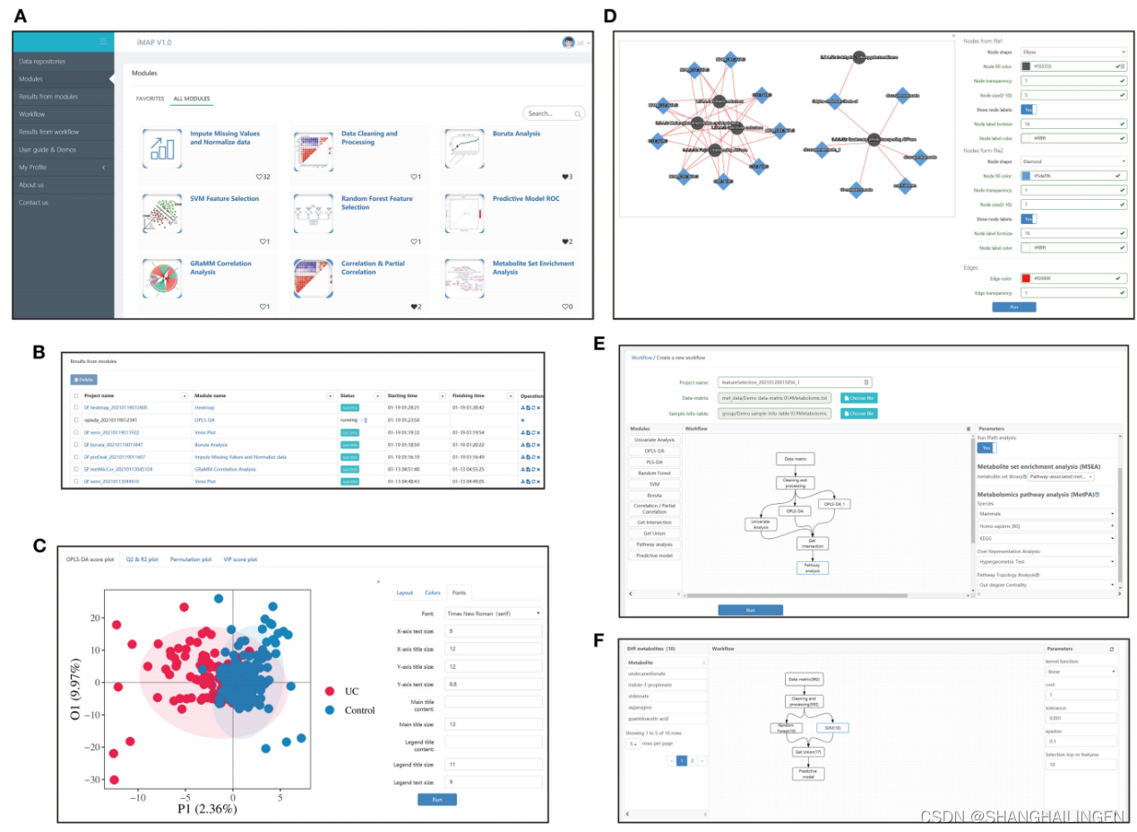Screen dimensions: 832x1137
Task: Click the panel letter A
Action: (x=19, y=16)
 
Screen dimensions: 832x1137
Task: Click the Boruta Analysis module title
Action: (x=516, y=134)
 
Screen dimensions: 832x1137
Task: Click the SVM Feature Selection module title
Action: (x=224, y=199)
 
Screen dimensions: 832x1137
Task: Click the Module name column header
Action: (x=210, y=395)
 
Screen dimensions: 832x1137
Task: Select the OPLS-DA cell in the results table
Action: (x=204, y=420)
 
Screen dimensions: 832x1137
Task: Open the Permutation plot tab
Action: (x=191, y=559)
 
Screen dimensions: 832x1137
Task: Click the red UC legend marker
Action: (x=329, y=691)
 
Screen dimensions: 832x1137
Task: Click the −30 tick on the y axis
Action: (x=90, y=780)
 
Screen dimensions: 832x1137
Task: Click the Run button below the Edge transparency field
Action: (x=1013, y=307)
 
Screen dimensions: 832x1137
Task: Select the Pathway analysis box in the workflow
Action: (x=812, y=568)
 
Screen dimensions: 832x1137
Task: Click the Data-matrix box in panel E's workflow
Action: (x=795, y=459)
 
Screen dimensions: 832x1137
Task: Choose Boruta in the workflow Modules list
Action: (x=654, y=495)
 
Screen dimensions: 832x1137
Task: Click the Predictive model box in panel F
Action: (x=807, y=773)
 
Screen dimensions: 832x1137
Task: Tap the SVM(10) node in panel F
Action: (x=842, y=727)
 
